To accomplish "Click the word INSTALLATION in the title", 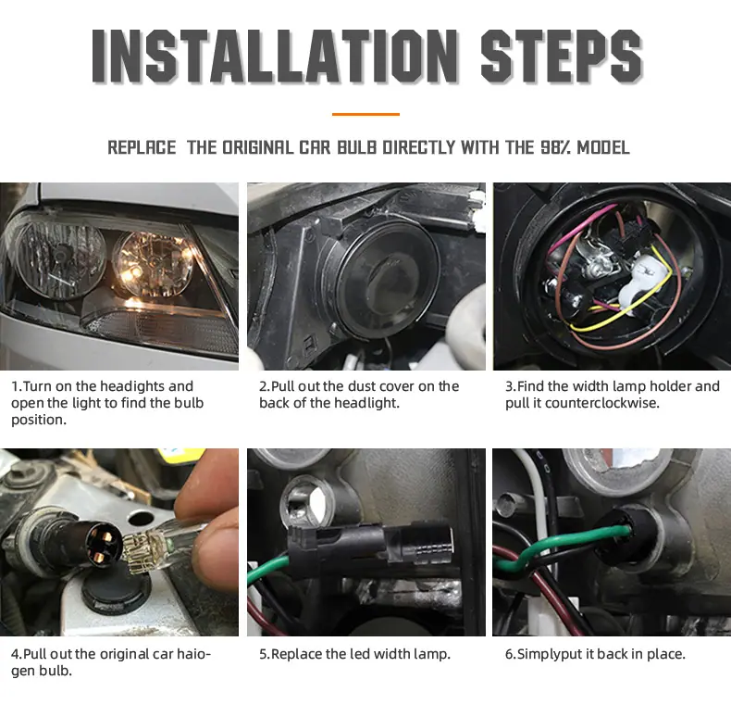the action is tap(275, 56).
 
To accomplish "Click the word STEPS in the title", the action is tap(562, 56).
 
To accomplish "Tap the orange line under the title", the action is tap(365, 114).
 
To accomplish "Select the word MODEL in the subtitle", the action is tap(603, 147).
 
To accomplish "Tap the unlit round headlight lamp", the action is tap(59, 259).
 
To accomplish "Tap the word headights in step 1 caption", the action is tap(132, 386).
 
